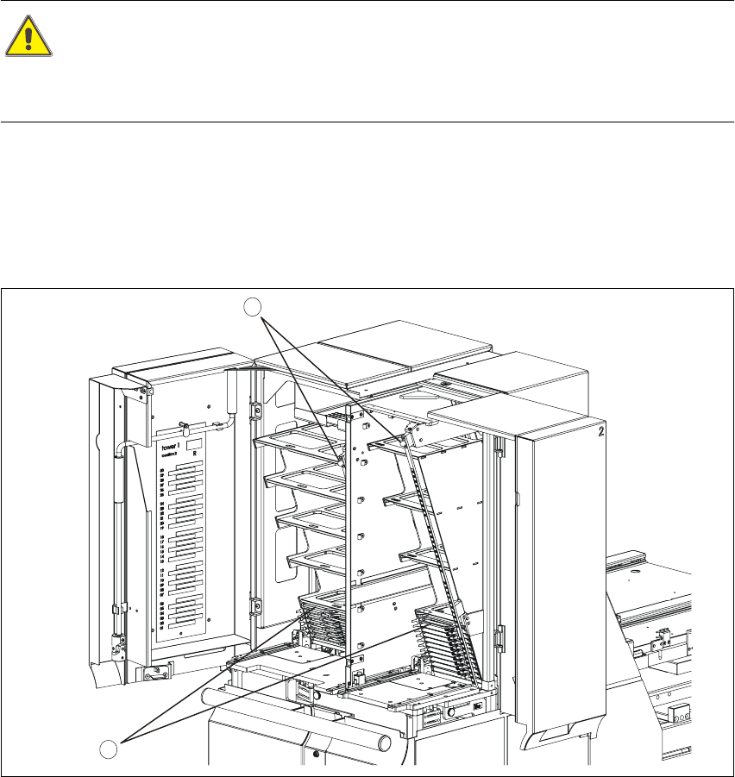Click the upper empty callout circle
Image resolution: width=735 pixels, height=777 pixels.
pyautogui.click(x=251, y=306)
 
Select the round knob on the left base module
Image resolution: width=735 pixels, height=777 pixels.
pyautogui.click(x=317, y=694)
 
